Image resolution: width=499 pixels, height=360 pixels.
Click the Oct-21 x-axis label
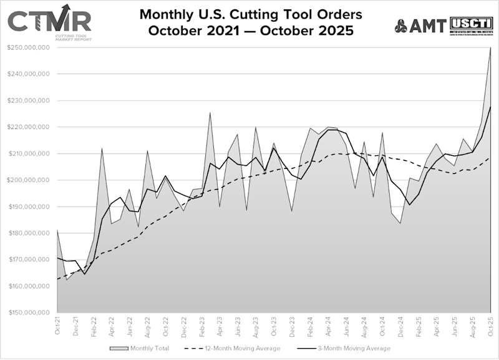[x=57, y=327]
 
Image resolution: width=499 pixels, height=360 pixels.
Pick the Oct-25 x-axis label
[x=490, y=327]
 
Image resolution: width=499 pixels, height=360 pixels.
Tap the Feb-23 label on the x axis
[x=201, y=327]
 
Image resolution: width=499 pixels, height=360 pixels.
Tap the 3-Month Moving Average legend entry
[x=349, y=348]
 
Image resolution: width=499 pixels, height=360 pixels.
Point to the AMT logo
[x=420, y=26]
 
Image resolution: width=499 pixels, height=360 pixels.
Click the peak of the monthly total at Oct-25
[x=490, y=48]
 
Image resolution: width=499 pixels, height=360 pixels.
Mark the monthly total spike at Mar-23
[x=210, y=112]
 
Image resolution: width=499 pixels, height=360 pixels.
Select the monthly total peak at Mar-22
[x=102, y=148]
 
